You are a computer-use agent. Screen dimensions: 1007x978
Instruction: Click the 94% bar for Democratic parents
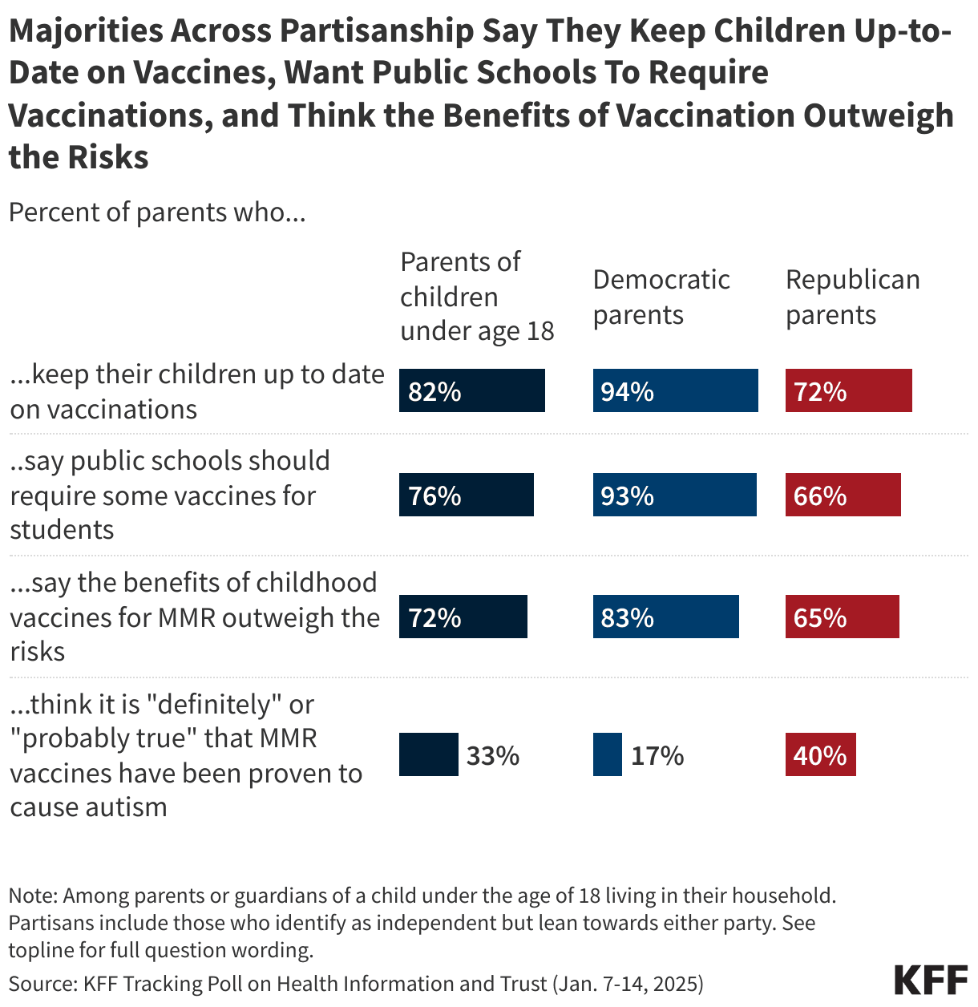(675, 390)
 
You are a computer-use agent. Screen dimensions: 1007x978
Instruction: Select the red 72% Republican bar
(848, 390)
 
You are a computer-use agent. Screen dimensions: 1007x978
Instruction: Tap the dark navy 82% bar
(471, 390)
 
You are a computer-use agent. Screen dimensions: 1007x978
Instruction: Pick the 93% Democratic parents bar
(674, 495)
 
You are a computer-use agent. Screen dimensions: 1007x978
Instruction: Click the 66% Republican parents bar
(843, 495)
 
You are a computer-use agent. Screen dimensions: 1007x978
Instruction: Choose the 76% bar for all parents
(466, 495)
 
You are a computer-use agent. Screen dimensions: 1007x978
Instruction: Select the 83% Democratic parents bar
(665, 617)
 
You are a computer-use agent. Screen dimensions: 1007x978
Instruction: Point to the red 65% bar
(842, 617)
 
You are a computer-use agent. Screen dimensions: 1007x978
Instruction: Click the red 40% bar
(820, 754)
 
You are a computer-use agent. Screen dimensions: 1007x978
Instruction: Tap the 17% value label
(657, 755)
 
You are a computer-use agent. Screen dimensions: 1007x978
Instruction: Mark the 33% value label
(493, 755)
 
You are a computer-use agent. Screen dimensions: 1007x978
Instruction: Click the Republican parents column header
(852, 297)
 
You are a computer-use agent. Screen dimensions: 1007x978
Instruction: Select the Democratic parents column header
(661, 297)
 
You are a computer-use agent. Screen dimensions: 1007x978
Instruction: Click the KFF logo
(931, 981)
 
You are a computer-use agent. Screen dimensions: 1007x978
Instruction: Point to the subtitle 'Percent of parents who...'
(157, 212)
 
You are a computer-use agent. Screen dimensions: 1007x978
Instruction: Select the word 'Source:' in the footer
(42, 984)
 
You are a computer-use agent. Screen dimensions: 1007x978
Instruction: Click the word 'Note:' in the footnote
(33, 896)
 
